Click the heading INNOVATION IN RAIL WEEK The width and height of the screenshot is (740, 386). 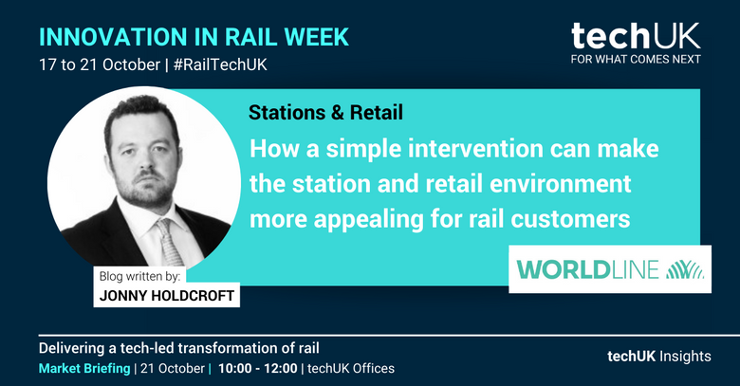pos(194,37)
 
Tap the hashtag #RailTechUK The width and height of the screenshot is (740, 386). pos(220,64)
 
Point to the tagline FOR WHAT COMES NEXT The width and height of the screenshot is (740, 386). pos(636,59)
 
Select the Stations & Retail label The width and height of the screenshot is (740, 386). pos(325,112)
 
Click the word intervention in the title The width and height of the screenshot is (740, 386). pos(475,149)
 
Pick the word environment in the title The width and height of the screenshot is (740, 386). pos(560,184)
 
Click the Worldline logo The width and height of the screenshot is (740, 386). pos(610,269)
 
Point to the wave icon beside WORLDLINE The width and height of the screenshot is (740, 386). pos(685,269)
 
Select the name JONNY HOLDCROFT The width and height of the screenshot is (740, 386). pos(167,296)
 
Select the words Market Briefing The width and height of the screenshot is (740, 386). pos(84,369)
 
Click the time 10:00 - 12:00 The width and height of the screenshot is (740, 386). pos(258,369)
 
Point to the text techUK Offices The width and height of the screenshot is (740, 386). pos(351,369)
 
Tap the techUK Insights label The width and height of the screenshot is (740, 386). pos(659,357)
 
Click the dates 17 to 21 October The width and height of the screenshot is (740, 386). pos(100,64)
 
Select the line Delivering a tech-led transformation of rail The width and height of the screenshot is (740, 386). pos(179,348)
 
